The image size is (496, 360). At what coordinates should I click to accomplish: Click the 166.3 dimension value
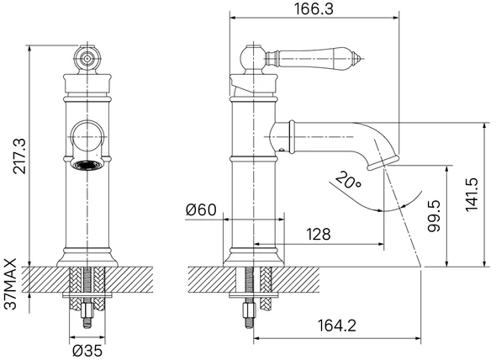coord(314,9)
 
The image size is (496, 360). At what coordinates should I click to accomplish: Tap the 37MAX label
coord(10,283)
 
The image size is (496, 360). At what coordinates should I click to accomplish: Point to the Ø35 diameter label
coord(87,351)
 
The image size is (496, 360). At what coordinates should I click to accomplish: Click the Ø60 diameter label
coord(201,209)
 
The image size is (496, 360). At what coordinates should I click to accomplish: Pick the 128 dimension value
coord(319,235)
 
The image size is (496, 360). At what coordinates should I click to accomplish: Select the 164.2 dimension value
coord(336,326)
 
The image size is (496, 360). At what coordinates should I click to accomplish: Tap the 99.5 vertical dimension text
coord(434,215)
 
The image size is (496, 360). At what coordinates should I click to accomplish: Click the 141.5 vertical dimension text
coord(472,194)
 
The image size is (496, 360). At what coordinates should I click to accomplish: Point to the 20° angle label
coord(348,180)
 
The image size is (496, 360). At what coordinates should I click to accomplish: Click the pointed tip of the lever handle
coord(361,59)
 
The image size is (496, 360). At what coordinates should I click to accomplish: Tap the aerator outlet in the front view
coord(87,165)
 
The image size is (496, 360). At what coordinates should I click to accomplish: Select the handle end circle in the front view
coord(87,59)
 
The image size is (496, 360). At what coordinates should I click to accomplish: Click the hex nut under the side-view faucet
coord(249,310)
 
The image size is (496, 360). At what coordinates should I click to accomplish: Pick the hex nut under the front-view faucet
coord(87,310)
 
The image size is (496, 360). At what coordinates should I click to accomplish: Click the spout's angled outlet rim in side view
coord(383,162)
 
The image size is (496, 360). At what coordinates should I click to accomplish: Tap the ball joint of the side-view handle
coord(252,58)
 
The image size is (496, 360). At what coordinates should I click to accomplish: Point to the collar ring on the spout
coord(292,136)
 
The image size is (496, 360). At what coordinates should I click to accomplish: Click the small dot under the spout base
coord(281,150)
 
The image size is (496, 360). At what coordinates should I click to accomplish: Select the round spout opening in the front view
coord(87,136)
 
